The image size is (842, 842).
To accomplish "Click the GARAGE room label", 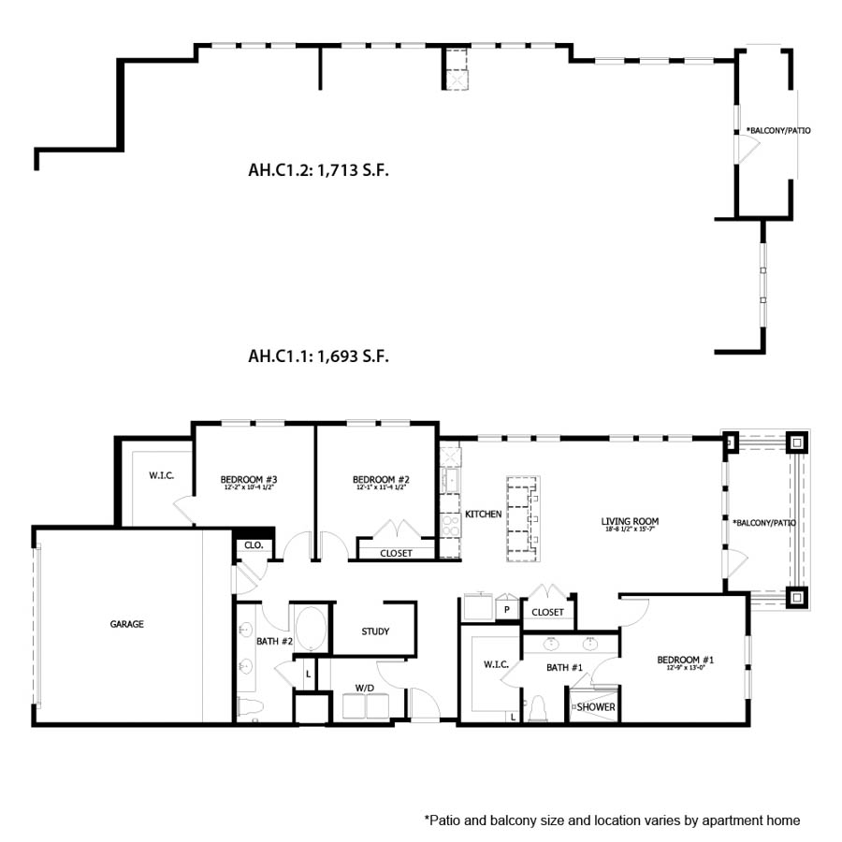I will tap(127, 624).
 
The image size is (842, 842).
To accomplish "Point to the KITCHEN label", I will tap(484, 515).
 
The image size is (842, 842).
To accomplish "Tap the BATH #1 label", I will tap(564, 666).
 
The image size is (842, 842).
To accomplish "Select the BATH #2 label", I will tap(275, 642).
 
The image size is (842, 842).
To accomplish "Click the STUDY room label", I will tap(375, 631).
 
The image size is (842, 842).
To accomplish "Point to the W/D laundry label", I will tap(364, 688).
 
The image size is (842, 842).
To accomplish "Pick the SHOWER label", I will tap(596, 707).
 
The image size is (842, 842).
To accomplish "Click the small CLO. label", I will tap(253, 544).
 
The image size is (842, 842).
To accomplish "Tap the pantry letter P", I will tap(506, 609).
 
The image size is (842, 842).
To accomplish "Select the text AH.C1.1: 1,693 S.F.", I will tap(318, 356).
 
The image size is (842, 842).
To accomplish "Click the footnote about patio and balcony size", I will tap(612, 820).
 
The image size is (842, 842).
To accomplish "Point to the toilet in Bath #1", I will tap(538, 710).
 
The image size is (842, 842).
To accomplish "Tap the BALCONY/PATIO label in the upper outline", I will tap(777, 131).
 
